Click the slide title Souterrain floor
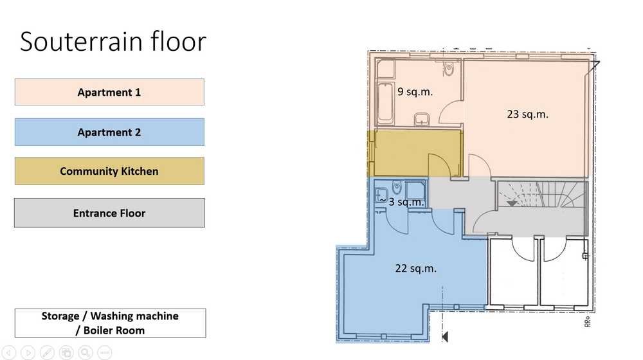113,41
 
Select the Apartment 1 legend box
109,92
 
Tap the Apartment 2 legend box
109,132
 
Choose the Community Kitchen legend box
109,171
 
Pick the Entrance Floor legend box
109,213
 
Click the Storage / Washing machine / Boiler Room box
111,323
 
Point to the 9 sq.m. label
415,91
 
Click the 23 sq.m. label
527,114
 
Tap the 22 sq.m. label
416,268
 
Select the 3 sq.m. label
406,202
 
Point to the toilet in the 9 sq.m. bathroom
449,69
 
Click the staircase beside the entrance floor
542,195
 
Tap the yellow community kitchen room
415,154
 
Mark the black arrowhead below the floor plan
445,337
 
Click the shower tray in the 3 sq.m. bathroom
415,191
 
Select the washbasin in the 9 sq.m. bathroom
422,119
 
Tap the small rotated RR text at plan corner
587,321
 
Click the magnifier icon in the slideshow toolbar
86,352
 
